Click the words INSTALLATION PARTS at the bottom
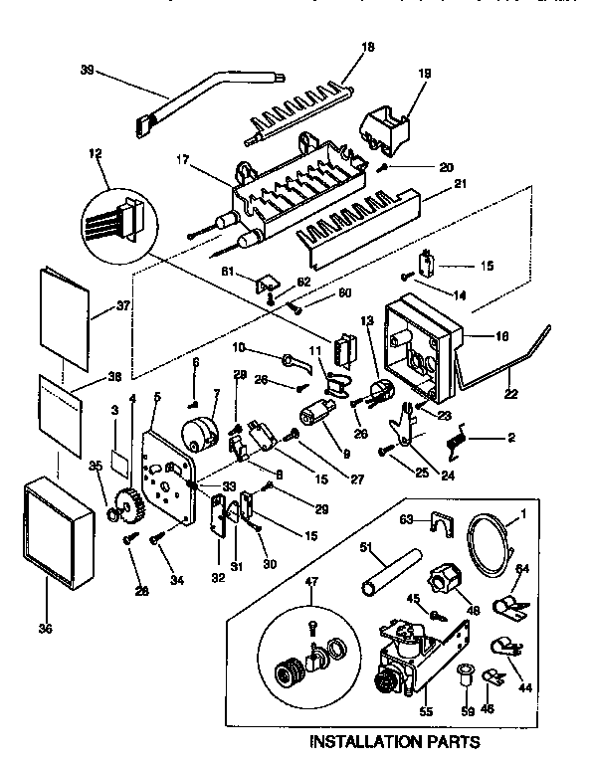click(x=395, y=741)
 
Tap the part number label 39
click(x=87, y=70)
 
